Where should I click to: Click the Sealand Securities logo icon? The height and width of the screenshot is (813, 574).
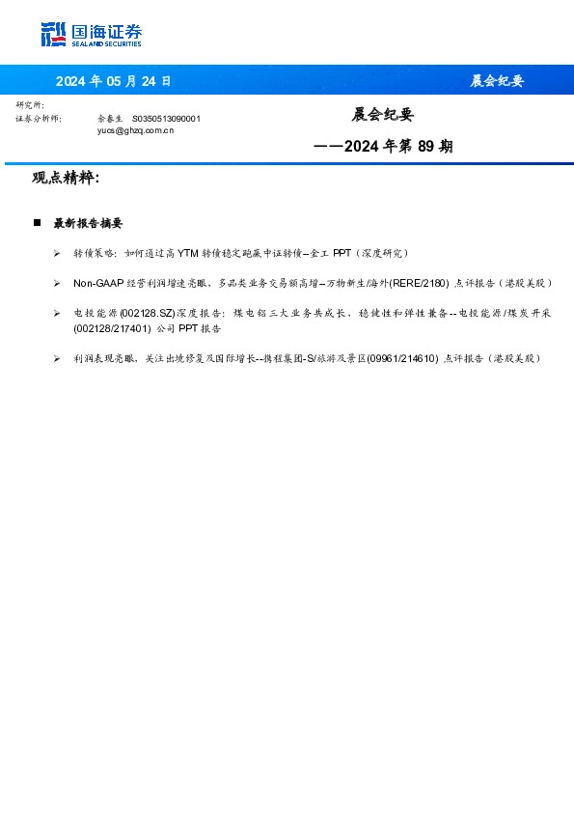(x=54, y=35)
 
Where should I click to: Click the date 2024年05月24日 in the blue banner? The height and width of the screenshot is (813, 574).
(x=113, y=81)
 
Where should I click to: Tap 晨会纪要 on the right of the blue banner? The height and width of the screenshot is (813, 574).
(x=497, y=81)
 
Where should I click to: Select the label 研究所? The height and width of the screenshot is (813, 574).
(x=30, y=104)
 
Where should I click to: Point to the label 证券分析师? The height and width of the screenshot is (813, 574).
(x=39, y=118)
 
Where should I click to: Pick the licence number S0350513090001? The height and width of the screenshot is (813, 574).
(x=166, y=118)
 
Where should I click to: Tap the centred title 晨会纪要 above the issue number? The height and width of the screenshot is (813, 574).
(x=382, y=115)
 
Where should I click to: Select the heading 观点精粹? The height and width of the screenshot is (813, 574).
(x=66, y=179)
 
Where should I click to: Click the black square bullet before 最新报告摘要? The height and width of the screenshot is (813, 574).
(x=37, y=223)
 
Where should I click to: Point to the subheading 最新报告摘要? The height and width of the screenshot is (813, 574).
(x=88, y=223)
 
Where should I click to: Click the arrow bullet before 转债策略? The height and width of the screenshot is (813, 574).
(x=58, y=253)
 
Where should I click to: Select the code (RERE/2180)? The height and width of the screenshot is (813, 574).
(x=419, y=284)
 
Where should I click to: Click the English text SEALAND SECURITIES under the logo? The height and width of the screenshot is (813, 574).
(x=106, y=43)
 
